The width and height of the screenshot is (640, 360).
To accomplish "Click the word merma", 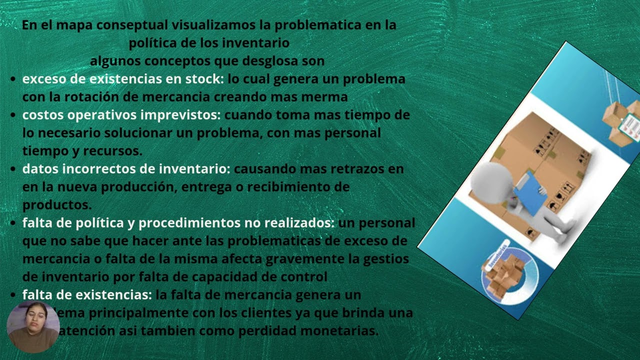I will (x=329, y=97).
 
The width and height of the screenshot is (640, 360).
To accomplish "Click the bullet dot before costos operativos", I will (x=13, y=115).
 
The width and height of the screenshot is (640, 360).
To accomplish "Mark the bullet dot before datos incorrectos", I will (x=13, y=169).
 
